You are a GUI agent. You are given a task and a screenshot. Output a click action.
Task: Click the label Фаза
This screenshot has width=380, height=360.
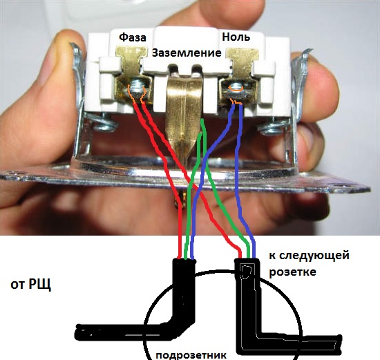(133, 37)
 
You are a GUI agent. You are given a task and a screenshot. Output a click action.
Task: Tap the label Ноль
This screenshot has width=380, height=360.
(236, 37)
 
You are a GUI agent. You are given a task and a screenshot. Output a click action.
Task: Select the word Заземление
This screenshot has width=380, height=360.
(187, 53)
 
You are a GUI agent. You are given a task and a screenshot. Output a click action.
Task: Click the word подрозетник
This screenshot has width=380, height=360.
(191, 355)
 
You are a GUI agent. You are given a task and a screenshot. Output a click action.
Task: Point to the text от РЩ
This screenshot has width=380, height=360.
(31, 285)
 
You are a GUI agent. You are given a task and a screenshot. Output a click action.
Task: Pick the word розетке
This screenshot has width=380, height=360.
(293, 272)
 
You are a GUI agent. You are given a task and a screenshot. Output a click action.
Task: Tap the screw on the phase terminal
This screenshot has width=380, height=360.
(136, 89)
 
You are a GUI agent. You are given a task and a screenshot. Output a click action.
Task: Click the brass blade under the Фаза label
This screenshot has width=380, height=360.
(132, 61)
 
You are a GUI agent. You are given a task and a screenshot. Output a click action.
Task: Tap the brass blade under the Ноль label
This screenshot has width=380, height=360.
(243, 61)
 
